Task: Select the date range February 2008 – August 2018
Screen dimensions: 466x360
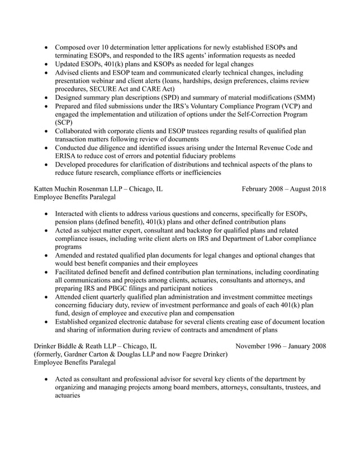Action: click(283, 188)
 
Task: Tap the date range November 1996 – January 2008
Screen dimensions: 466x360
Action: click(280, 345)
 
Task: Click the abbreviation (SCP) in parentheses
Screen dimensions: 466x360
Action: click(64, 122)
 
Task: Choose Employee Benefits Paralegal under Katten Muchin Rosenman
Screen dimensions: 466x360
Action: click(74, 197)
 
